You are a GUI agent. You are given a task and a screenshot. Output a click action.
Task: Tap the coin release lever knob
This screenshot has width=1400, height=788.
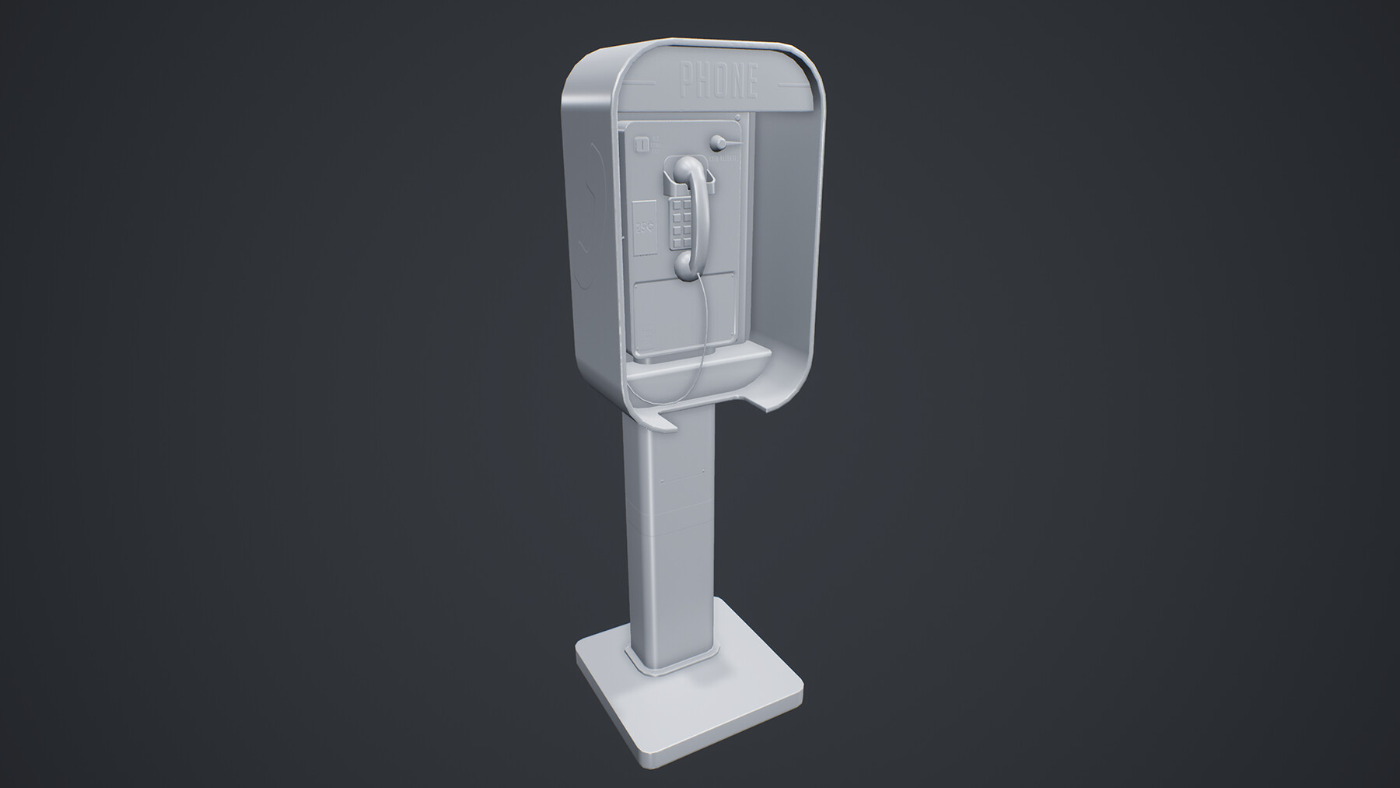pos(717,143)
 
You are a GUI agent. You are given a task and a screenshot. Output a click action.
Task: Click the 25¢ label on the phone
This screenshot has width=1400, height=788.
pos(645,229)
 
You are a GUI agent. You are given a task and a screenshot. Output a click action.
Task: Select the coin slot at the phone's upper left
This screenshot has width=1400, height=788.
pos(642,144)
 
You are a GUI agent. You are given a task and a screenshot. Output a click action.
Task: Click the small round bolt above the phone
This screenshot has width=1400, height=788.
pos(737,118)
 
